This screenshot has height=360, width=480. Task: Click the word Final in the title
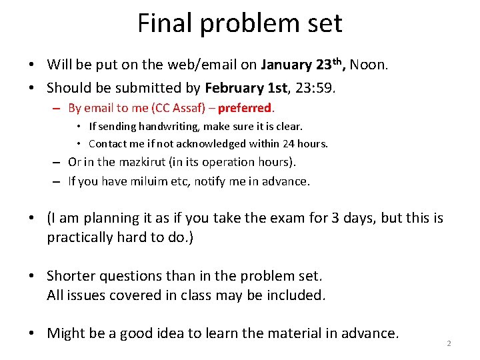tap(160, 24)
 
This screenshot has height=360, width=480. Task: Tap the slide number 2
tap(449, 343)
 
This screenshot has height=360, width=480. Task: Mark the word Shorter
tap(71, 276)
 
